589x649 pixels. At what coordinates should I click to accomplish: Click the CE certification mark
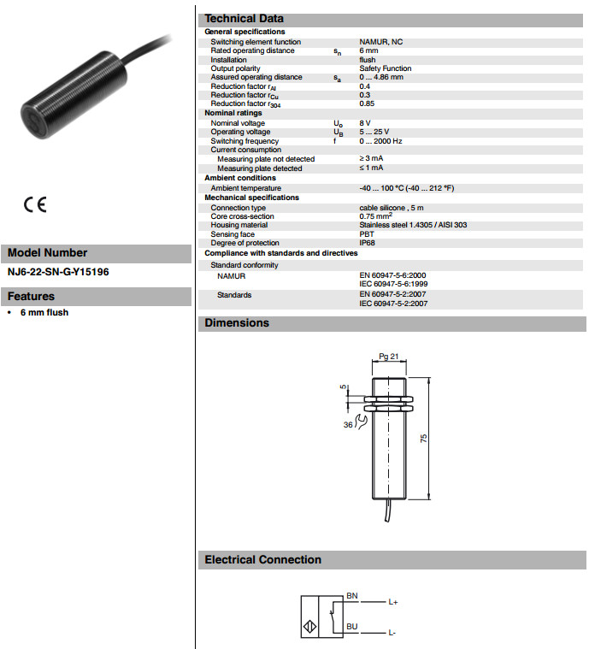(x=35, y=205)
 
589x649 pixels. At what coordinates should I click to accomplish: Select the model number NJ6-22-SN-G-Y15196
(x=58, y=272)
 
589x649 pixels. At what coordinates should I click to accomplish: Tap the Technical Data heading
(x=244, y=19)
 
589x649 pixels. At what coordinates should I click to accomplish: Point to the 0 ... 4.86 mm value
(x=381, y=77)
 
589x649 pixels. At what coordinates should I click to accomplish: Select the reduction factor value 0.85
(x=366, y=103)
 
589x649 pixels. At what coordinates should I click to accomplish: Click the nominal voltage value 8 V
(x=365, y=123)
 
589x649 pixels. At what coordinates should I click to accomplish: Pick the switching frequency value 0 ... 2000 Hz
(x=380, y=141)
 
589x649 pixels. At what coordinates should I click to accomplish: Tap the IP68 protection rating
(x=367, y=243)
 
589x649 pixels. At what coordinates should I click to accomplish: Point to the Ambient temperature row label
(x=246, y=188)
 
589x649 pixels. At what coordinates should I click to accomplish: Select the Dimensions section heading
(x=237, y=323)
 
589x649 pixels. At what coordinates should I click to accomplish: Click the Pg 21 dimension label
(x=388, y=357)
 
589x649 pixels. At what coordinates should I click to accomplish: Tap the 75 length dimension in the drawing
(x=423, y=438)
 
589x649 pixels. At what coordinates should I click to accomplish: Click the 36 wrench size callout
(x=349, y=425)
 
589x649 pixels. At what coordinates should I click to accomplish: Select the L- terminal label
(x=392, y=633)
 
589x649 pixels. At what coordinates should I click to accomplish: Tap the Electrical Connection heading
(x=262, y=560)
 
